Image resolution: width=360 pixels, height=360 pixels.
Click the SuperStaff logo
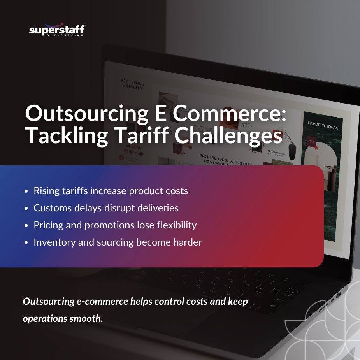(x=57, y=30)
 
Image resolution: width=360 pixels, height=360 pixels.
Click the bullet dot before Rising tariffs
(x=26, y=191)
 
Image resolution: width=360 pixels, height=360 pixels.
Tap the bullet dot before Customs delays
(x=26, y=209)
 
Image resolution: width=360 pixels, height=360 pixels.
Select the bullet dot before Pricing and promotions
(x=26, y=226)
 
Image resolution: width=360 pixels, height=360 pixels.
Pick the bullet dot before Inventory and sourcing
(x=26, y=243)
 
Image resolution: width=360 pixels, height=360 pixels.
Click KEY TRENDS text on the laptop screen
(x=132, y=85)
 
